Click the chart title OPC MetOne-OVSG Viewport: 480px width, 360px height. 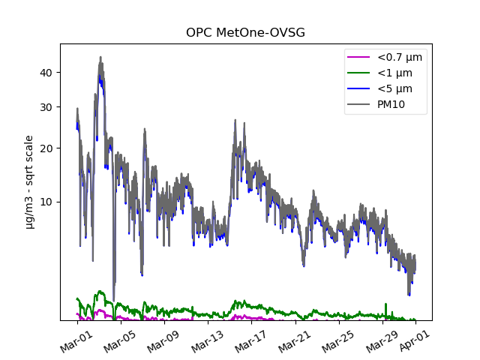point(245,33)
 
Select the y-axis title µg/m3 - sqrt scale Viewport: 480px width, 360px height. point(29,181)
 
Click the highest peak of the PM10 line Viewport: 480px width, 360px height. point(100,57)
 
